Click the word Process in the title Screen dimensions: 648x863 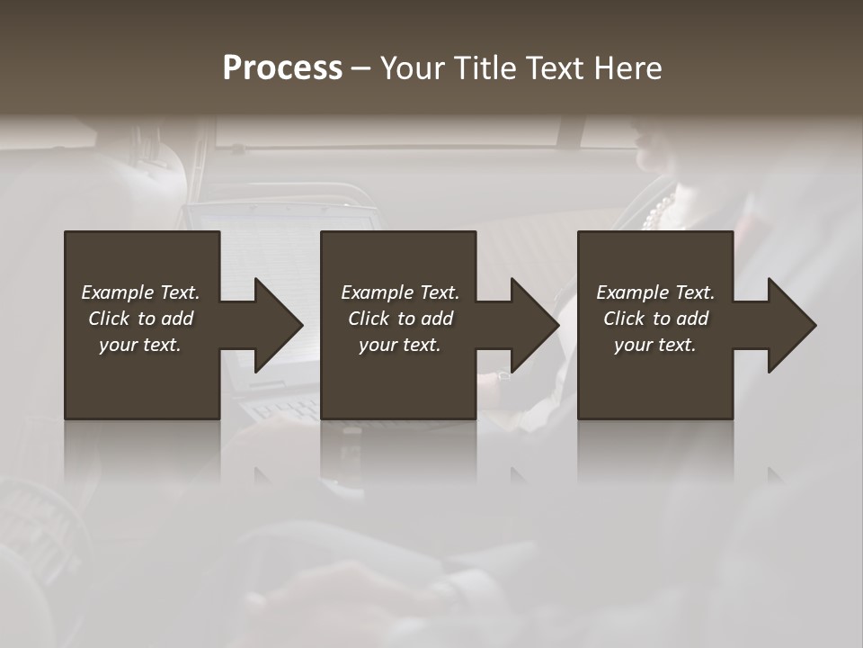click(282, 67)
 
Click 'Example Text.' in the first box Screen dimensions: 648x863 click(140, 292)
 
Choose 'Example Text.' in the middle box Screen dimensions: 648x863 click(400, 292)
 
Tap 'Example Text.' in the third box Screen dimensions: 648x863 click(655, 292)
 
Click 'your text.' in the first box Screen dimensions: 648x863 click(140, 345)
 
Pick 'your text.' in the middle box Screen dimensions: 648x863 click(400, 345)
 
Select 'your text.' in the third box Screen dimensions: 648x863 click(655, 345)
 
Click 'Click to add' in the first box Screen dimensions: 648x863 click(140, 319)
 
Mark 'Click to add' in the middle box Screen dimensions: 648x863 click(400, 319)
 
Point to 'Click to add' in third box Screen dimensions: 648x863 click(655, 319)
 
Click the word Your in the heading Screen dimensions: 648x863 click(416, 67)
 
